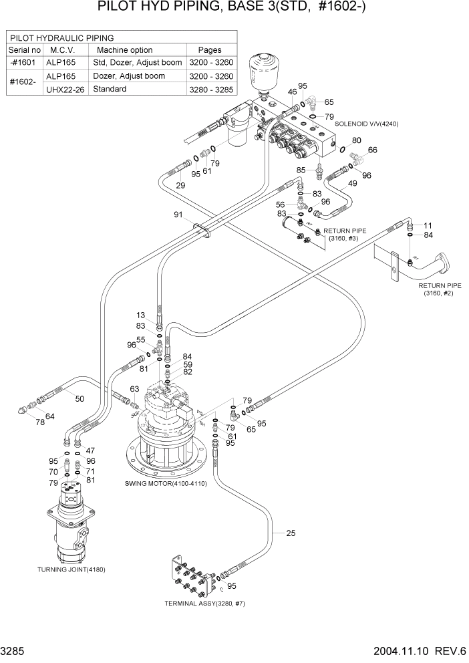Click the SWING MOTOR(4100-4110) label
tap(166, 483)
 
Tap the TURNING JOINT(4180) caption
tap(71, 569)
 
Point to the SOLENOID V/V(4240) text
tap(367, 124)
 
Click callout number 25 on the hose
tap(291, 533)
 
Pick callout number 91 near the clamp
tap(178, 215)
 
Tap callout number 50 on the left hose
tap(80, 399)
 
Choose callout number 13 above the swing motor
tap(140, 315)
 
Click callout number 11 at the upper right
tap(428, 225)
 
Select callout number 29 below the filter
tap(180, 185)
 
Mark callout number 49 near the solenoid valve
tap(352, 183)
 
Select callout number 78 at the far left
tap(39, 422)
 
